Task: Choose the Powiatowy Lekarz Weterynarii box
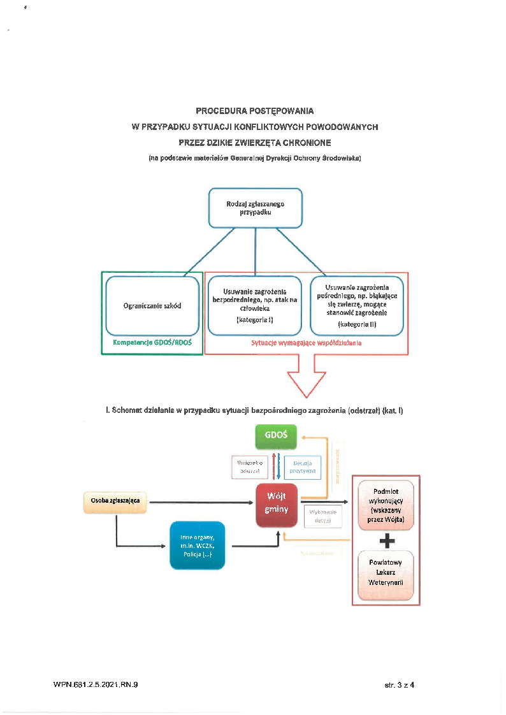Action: tap(386, 575)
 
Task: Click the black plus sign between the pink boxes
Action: tap(386, 540)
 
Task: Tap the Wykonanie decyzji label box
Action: tap(323, 516)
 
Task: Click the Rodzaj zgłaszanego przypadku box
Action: tap(255, 208)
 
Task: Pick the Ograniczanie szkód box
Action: tap(152, 306)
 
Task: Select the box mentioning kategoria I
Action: tap(254, 306)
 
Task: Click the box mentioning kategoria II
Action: tap(356, 305)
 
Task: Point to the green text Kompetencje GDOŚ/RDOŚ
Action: tap(152, 343)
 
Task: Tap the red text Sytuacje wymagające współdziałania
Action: tap(307, 343)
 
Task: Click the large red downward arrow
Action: tap(307, 379)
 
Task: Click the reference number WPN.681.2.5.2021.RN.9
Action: tap(96, 685)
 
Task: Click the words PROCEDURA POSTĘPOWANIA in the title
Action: tap(254, 111)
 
